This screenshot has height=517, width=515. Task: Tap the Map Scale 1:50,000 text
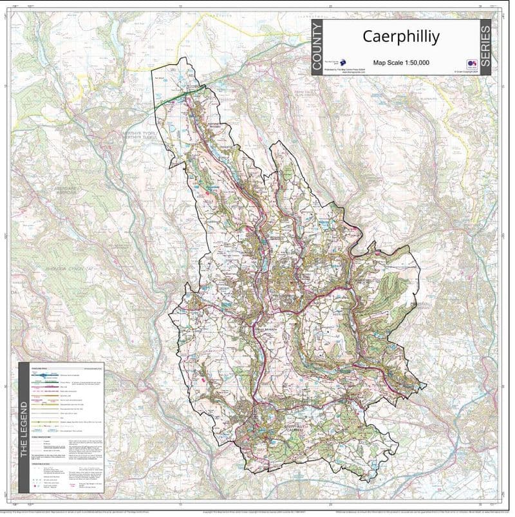click(400, 62)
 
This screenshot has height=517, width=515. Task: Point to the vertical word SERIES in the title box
click(485, 47)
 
